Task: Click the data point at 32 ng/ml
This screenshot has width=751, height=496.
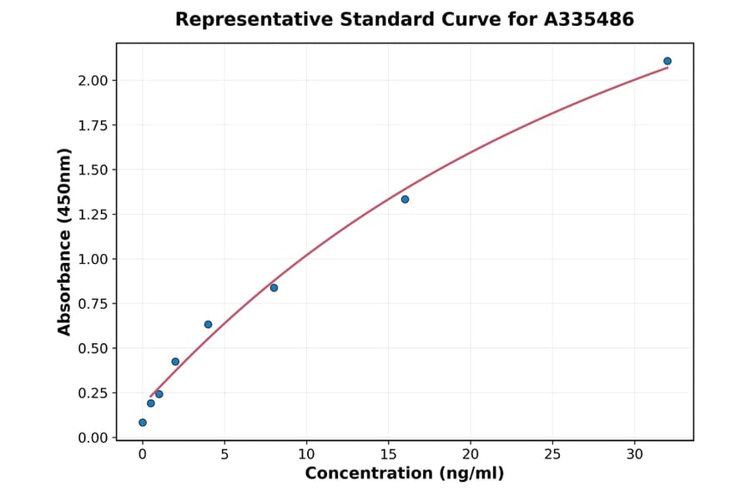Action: (668, 61)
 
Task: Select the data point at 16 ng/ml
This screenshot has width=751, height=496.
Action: (405, 200)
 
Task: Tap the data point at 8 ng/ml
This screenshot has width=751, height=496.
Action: (274, 288)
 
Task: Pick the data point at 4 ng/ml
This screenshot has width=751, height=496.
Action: (208, 324)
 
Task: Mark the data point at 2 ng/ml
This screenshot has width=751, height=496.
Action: (175, 362)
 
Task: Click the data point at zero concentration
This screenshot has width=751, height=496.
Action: (143, 423)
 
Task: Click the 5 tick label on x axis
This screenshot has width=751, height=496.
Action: (224, 454)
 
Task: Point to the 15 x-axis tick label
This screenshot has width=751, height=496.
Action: (388, 454)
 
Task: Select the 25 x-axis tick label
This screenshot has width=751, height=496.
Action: (552, 454)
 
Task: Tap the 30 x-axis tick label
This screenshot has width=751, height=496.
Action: (635, 454)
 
